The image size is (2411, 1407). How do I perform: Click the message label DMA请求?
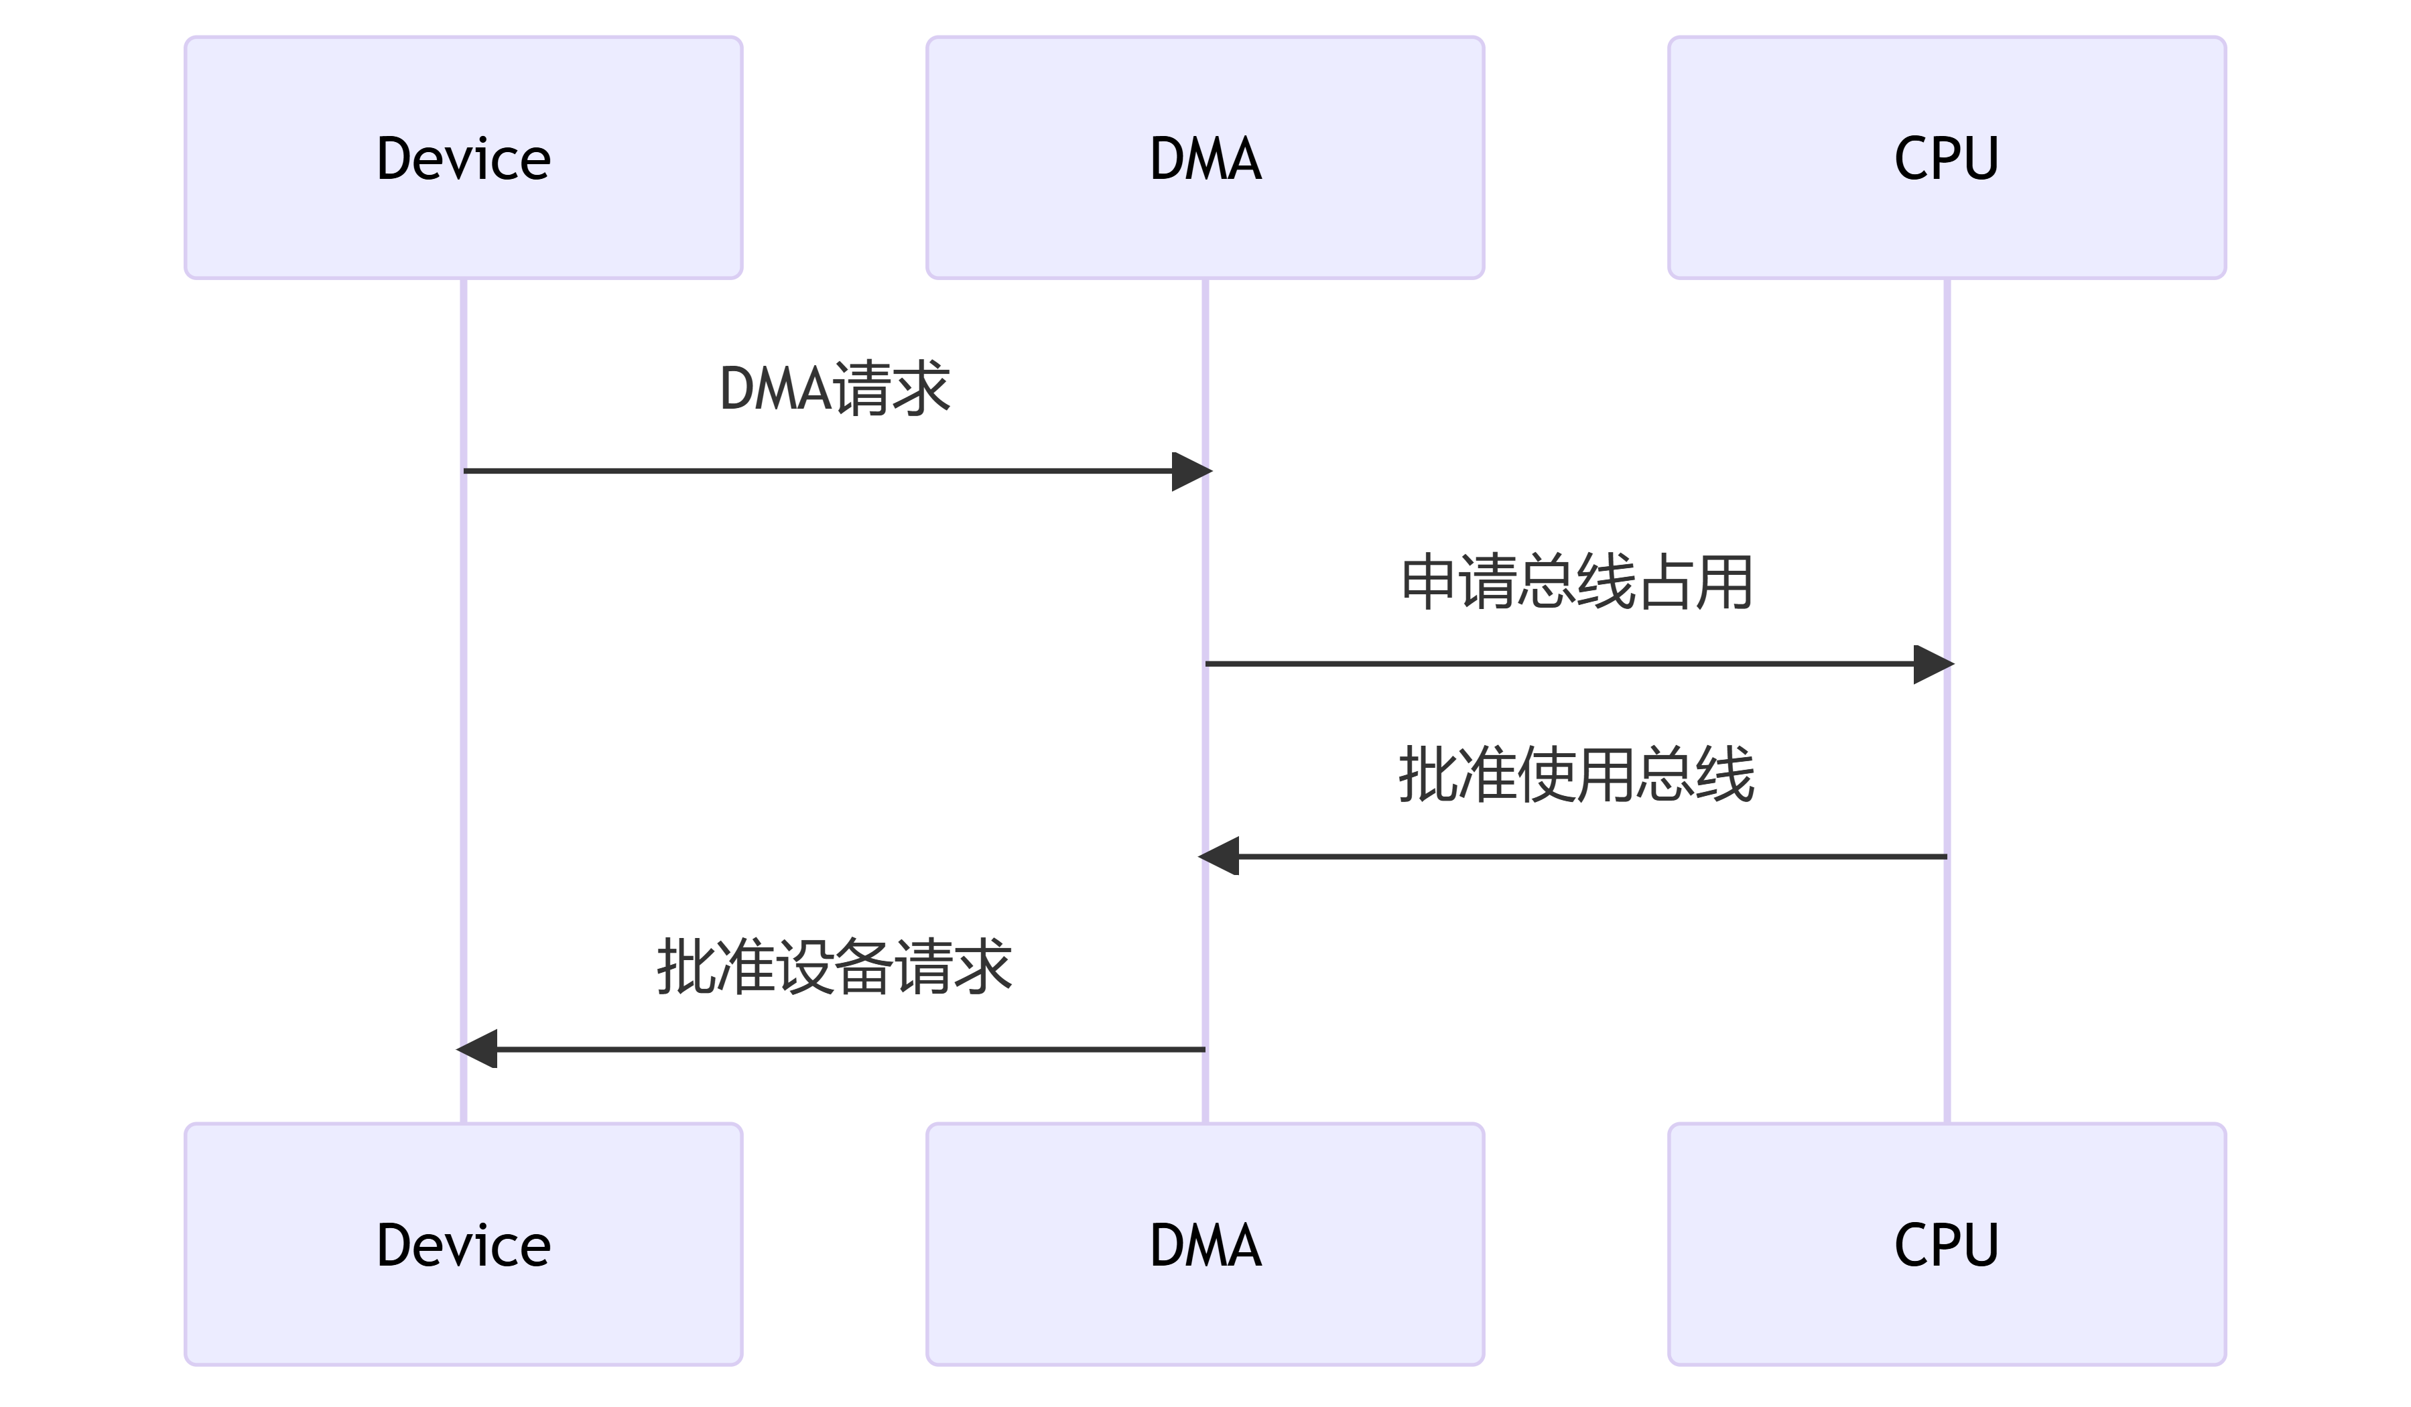pos(834,389)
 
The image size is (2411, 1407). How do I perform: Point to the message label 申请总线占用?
pos(1576,582)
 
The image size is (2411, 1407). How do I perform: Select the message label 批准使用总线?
pos(1576,774)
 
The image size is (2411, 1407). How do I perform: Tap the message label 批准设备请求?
pos(834,967)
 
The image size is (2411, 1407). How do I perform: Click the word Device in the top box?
pos(463,158)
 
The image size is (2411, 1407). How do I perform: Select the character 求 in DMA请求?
pos(921,389)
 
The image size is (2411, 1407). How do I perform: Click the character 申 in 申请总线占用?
pos(1429,582)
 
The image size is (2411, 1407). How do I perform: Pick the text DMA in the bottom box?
pos(1205,1244)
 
